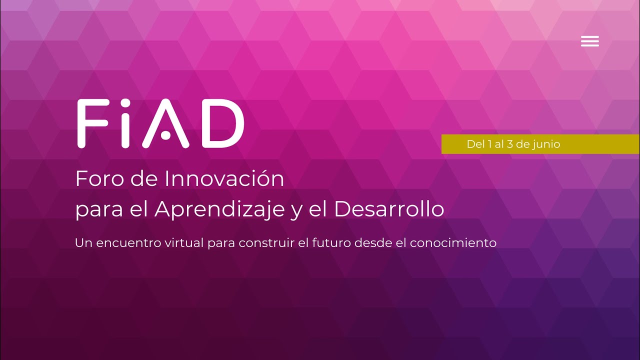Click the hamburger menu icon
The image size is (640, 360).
click(590, 41)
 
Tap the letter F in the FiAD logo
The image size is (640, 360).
click(93, 123)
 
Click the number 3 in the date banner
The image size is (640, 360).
click(510, 144)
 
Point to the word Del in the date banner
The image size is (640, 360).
click(475, 144)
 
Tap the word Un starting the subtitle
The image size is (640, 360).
click(82, 243)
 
